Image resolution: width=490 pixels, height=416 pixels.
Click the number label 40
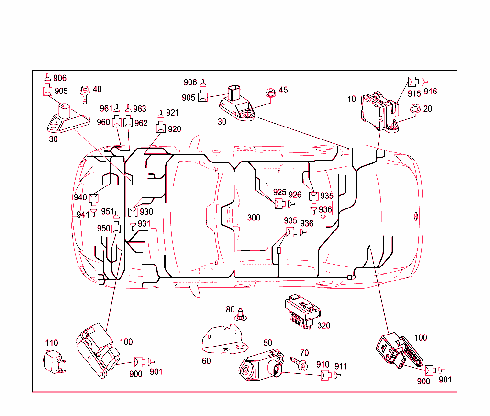tap(97, 89)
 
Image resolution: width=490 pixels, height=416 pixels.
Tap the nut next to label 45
tap(270, 93)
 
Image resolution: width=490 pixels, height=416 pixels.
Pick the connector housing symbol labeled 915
tap(412, 82)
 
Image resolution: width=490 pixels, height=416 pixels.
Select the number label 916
tap(430, 92)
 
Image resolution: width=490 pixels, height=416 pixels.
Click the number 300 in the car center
tap(254, 218)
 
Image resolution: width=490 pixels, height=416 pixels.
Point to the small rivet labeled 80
tap(241, 314)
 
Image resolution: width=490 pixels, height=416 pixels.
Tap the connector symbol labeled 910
tap(325, 376)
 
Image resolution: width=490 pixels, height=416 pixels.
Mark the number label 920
tap(174, 129)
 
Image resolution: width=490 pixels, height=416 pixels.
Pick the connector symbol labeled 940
tap(94, 198)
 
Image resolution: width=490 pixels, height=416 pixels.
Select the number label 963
tap(140, 109)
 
